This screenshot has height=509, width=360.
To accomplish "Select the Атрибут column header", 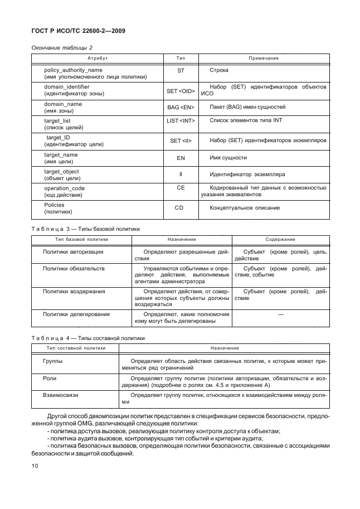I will point(97,58).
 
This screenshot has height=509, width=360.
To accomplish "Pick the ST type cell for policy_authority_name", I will point(181,71).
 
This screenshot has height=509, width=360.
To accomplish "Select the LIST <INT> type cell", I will point(181,120).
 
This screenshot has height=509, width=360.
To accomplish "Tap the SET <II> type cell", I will point(181,141).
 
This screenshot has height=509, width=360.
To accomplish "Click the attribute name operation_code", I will point(64,188).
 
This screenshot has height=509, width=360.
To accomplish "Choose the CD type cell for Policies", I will point(181,209).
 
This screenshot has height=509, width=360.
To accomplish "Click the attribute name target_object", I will point(61,171).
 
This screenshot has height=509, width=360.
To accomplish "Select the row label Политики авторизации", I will point(73,252).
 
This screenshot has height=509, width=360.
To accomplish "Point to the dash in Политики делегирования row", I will point(280,315).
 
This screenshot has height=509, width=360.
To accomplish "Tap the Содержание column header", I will point(280,239).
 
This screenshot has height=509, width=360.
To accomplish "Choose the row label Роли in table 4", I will point(50,377).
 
